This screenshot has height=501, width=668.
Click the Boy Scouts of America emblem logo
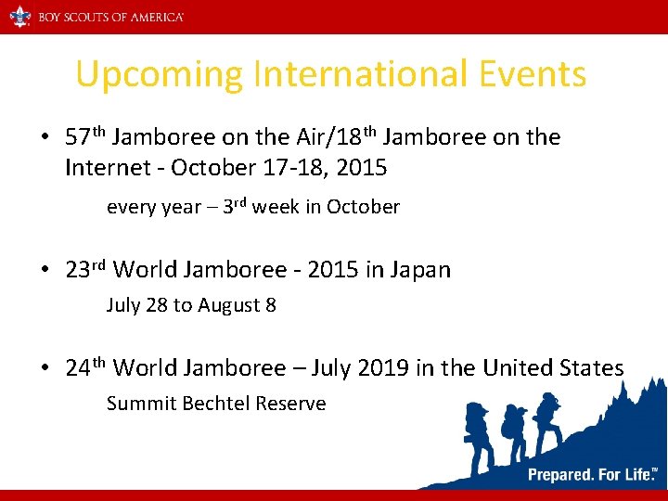(19, 16)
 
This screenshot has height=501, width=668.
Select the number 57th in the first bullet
(86, 137)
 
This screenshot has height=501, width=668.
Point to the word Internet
(104, 168)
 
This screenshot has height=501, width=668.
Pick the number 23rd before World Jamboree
(86, 270)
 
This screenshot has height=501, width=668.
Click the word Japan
(420, 270)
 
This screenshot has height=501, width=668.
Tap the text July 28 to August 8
(191, 304)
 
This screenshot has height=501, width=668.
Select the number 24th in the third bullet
(86, 368)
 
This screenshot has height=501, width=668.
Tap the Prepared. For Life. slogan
(590, 475)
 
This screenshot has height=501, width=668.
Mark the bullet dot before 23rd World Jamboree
(44, 271)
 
